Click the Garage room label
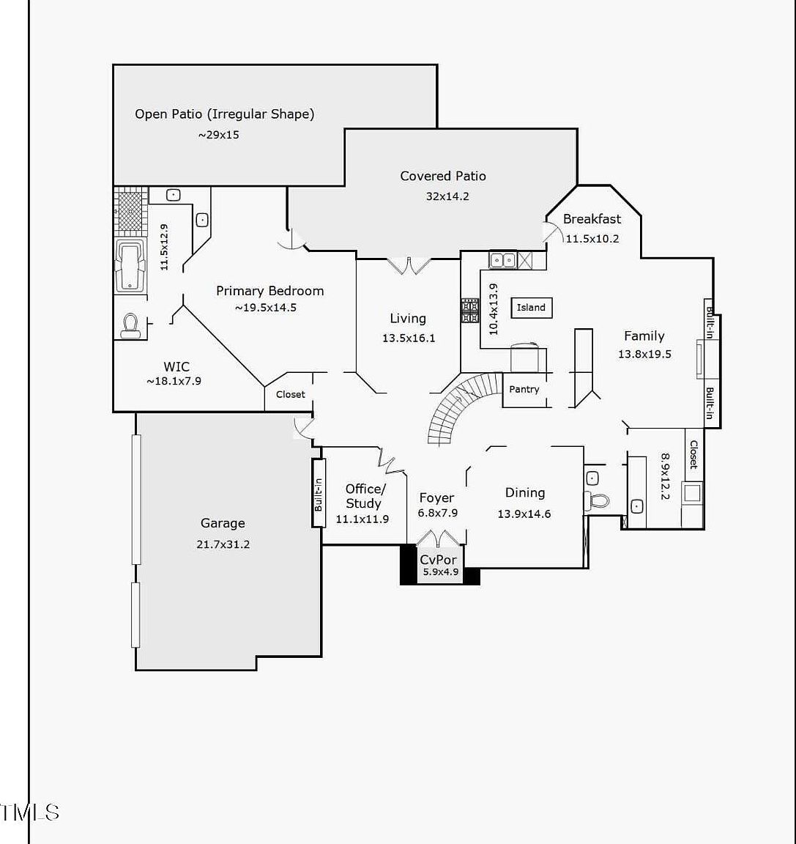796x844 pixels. tap(223, 523)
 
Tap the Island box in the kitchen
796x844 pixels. tap(532, 308)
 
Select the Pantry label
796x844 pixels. tap(524, 389)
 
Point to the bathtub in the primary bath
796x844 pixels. tap(130, 266)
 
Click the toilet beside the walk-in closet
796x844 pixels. tap(130, 325)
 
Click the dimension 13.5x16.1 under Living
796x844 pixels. tap(409, 338)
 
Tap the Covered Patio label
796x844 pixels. tap(443, 176)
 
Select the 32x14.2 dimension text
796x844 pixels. tap(447, 196)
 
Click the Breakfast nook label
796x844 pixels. tap(592, 219)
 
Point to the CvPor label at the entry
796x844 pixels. tap(439, 559)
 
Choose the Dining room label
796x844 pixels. tap(525, 492)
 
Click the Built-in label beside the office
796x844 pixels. tap(319, 495)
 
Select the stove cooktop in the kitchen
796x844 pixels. tap(469, 311)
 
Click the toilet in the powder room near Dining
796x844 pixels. tap(597, 500)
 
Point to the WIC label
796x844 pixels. tap(176, 367)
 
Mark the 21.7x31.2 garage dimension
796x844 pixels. tap(223, 544)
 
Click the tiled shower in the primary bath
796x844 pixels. tap(130, 212)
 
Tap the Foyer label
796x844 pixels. tap(436, 498)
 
